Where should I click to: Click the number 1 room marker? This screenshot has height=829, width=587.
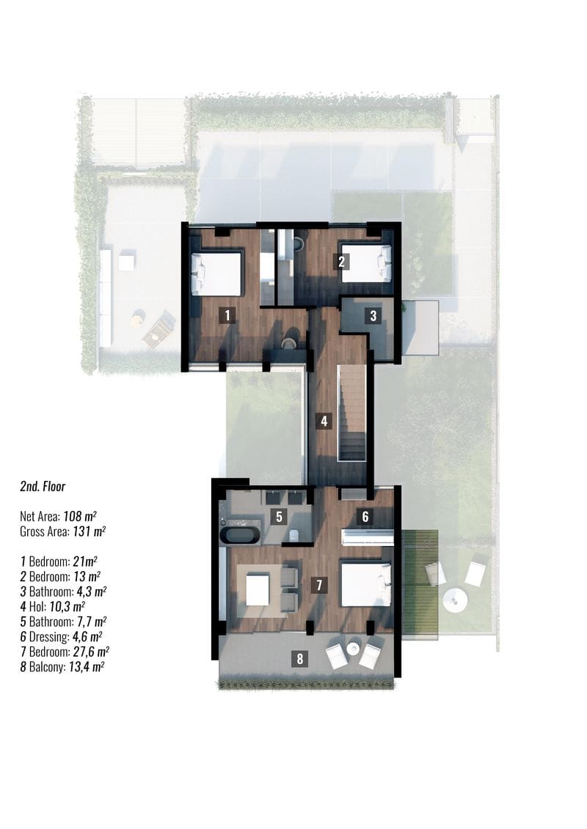pyautogui.click(x=227, y=316)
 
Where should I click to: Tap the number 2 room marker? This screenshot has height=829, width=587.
pyautogui.click(x=341, y=261)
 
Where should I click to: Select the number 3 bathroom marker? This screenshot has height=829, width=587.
pyautogui.click(x=373, y=316)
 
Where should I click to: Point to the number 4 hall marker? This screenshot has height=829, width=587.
pyautogui.click(x=324, y=421)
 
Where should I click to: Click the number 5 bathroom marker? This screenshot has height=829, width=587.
pyautogui.click(x=279, y=517)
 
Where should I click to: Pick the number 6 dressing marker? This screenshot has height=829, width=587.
pyautogui.click(x=365, y=516)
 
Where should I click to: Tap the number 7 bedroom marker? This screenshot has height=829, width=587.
pyautogui.click(x=318, y=585)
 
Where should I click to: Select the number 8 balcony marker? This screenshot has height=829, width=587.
pyautogui.click(x=300, y=659)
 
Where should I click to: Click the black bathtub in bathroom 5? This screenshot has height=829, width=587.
pyautogui.click(x=239, y=535)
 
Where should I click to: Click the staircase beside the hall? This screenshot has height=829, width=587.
pyautogui.click(x=352, y=413)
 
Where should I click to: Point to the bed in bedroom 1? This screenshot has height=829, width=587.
pyautogui.click(x=216, y=273)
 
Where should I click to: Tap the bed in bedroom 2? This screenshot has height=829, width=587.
pyautogui.click(x=366, y=262)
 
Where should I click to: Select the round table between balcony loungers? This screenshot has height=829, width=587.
pyautogui.click(x=354, y=649)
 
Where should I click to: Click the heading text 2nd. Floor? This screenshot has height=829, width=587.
pyautogui.click(x=43, y=487)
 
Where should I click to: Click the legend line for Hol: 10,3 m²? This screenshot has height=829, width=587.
pyautogui.click(x=53, y=606)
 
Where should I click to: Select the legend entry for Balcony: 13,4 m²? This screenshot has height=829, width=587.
pyautogui.click(x=62, y=667)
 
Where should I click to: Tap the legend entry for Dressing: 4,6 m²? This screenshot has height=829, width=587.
pyautogui.click(x=62, y=636)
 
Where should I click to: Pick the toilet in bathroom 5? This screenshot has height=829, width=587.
pyautogui.click(x=296, y=535)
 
